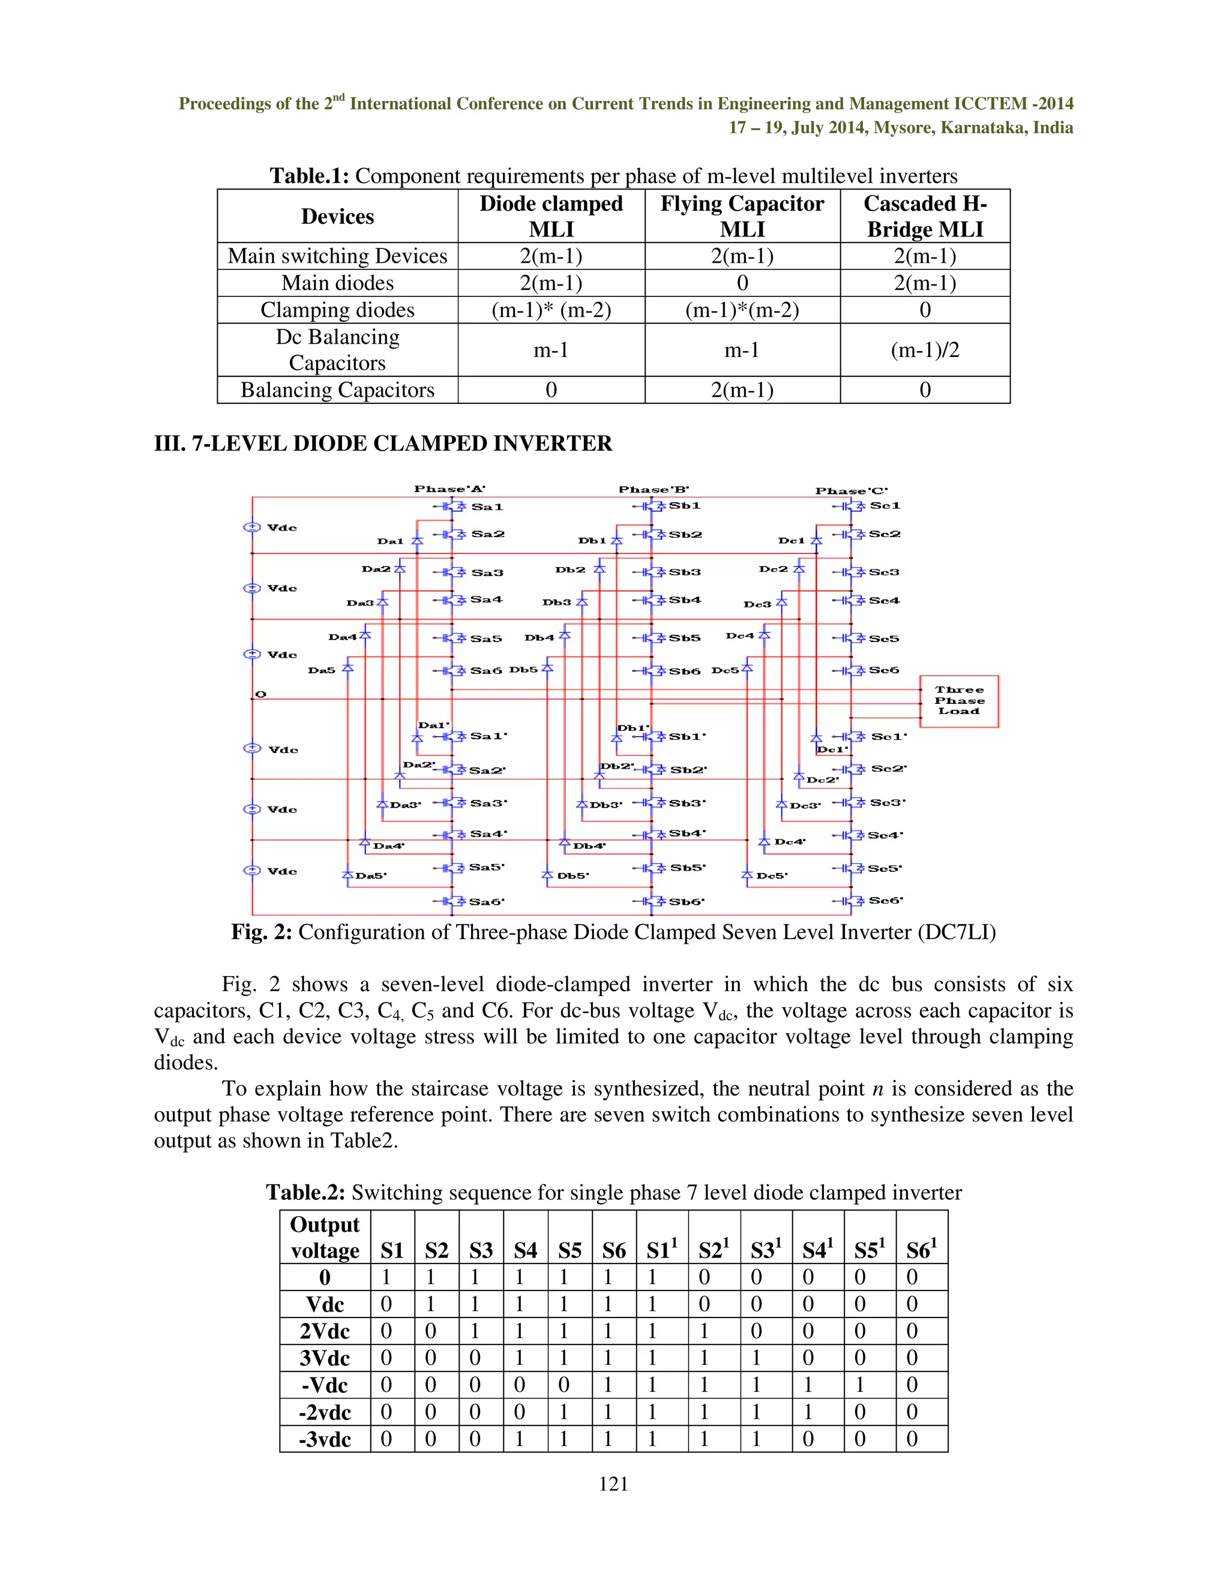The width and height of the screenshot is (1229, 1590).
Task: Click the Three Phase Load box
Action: [959, 700]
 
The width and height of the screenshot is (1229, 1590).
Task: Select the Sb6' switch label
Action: [687, 901]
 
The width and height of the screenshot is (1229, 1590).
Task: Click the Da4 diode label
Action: [342, 637]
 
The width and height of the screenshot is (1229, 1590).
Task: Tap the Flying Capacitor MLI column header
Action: [742, 216]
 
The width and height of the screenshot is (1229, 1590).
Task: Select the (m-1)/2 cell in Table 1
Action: [925, 350]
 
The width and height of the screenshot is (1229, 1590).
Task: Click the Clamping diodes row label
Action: [337, 310]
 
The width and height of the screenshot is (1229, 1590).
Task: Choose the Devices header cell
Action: [337, 216]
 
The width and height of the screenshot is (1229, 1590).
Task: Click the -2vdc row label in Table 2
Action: [325, 1412]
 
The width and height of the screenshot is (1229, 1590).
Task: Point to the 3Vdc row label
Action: [325, 1358]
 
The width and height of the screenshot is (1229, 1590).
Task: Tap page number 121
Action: [613, 1484]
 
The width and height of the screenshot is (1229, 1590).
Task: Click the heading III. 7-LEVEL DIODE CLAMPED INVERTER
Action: [383, 443]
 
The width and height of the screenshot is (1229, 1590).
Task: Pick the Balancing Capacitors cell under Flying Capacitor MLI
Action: [742, 390]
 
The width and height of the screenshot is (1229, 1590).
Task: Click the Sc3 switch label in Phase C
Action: [884, 572]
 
